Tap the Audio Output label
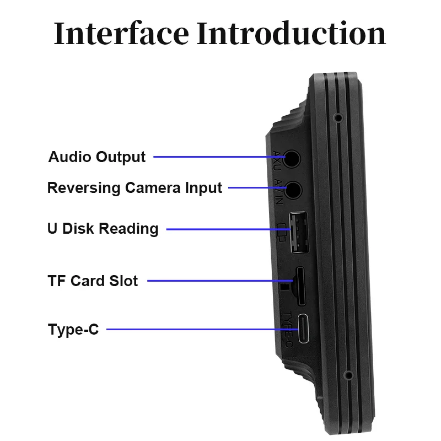pos(97,157)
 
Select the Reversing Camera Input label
pos(135,187)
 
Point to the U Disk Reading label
pos(103,229)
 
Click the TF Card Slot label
pos(93,281)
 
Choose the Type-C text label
pos(73,330)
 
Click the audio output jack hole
pos(293,158)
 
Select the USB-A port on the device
pos(299,232)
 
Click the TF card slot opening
pos(301,286)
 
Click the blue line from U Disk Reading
pos(226,229)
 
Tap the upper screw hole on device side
pos(337,117)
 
